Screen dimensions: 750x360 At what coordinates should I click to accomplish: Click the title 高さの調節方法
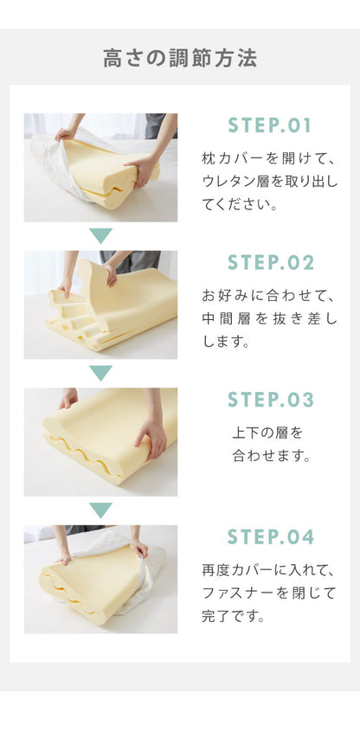pyautogui.click(x=180, y=59)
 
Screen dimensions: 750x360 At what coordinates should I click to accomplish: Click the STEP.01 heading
pyautogui.click(x=270, y=125)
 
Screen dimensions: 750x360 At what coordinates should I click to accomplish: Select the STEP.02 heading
pyautogui.click(x=270, y=263)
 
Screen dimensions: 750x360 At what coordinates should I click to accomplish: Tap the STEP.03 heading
pyautogui.click(x=270, y=400)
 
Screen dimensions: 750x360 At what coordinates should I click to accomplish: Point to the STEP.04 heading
pyautogui.click(x=270, y=537)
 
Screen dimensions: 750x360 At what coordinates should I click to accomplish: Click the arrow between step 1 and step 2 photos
pyautogui.click(x=101, y=235)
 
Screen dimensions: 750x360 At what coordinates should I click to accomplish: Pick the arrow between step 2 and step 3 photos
pyautogui.click(x=101, y=373)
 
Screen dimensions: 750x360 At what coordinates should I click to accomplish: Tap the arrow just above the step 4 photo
pyautogui.click(x=101, y=510)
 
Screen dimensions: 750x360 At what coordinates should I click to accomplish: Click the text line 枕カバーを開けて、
pyautogui.click(x=268, y=159)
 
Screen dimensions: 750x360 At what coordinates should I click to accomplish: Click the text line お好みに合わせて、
pyautogui.click(x=268, y=296)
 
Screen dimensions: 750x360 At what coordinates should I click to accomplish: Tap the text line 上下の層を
pyautogui.click(x=267, y=432)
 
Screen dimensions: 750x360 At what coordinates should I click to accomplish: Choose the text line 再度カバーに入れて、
pyautogui.click(x=268, y=570)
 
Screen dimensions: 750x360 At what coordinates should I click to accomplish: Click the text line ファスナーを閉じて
pyautogui.click(x=268, y=593)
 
